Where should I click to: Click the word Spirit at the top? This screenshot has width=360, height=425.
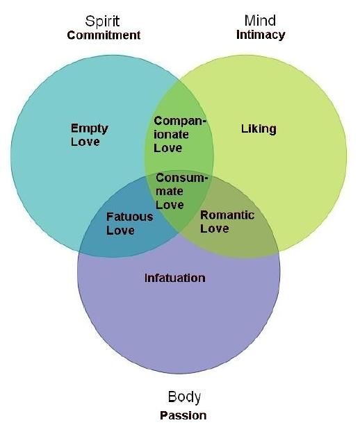pyautogui.click(x=102, y=22)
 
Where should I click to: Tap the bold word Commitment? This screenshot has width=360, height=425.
pyautogui.click(x=104, y=35)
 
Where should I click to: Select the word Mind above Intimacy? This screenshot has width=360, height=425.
pyautogui.click(x=260, y=21)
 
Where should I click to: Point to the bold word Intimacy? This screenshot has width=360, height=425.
pyautogui.click(x=261, y=35)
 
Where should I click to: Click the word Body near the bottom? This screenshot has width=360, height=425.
pyautogui.click(x=184, y=397)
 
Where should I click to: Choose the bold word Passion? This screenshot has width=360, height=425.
pyautogui.click(x=183, y=415)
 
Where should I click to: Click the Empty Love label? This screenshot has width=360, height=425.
pyautogui.click(x=89, y=135)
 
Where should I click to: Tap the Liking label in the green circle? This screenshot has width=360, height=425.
pyautogui.click(x=259, y=129)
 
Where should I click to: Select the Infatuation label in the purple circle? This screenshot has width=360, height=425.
pyautogui.click(x=174, y=278)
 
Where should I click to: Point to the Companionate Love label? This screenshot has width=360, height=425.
pyautogui.click(x=180, y=135)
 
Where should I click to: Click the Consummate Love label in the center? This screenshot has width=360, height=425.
pyautogui.click(x=182, y=192)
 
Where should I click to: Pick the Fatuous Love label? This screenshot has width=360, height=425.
pyautogui.click(x=130, y=224)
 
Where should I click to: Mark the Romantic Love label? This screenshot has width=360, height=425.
pyautogui.click(x=227, y=222)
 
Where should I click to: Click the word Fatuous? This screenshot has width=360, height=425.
pyautogui.click(x=130, y=217)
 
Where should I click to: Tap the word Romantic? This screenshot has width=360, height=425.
pyautogui.click(x=227, y=215)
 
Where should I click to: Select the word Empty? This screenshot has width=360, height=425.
pyautogui.click(x=89, y=128)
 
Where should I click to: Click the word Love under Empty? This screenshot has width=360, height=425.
pyautogui.click(x=85, y=142)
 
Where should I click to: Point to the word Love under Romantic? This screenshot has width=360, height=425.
pyautogui.click(x=215, y=228)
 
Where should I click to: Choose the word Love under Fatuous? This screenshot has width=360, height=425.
pyautogui.click(x=120, y=231)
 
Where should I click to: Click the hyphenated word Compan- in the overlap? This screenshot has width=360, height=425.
pyautogui.click(x=180, y=122)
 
